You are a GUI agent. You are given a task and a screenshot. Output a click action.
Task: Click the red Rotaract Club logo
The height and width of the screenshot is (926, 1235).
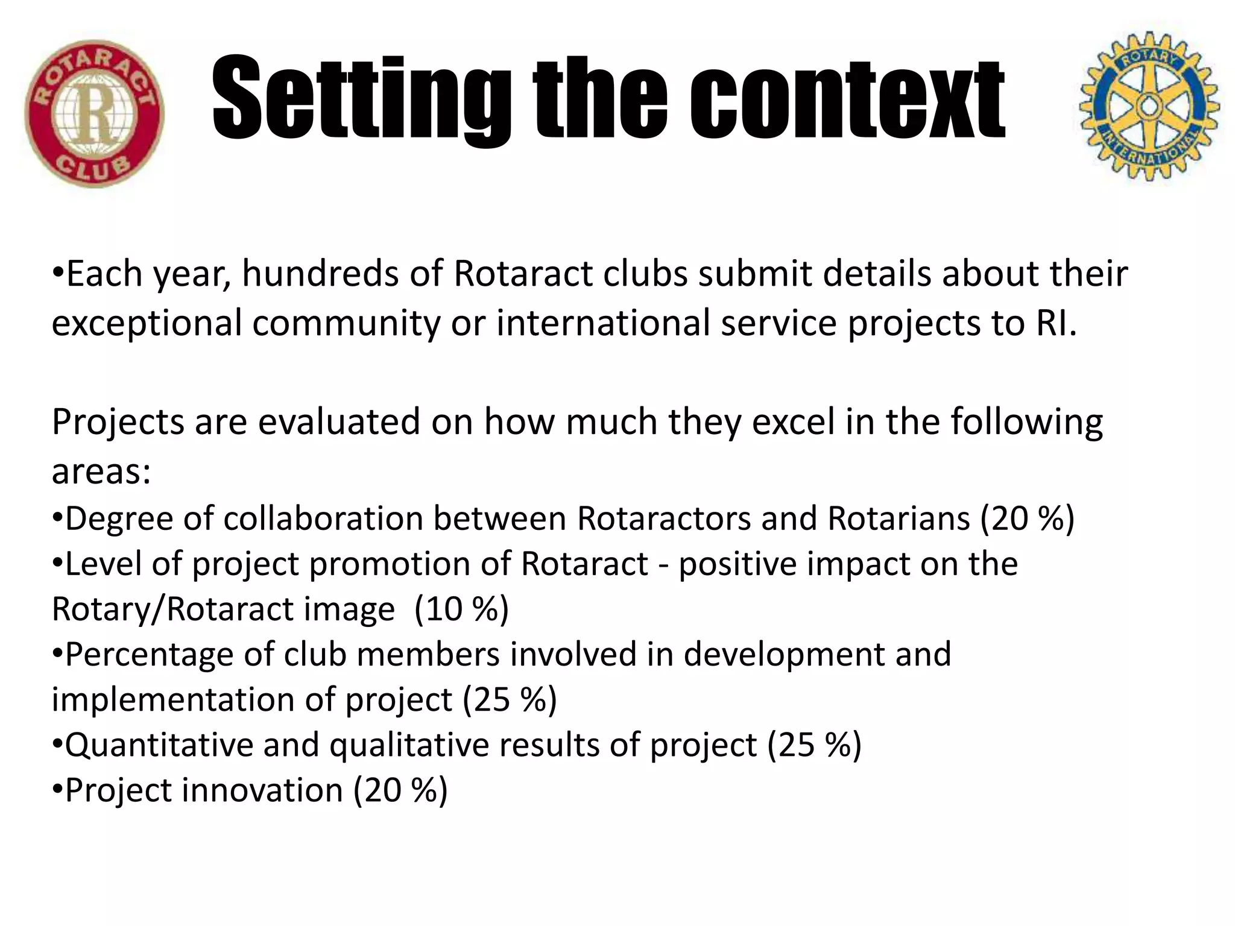(95, 113)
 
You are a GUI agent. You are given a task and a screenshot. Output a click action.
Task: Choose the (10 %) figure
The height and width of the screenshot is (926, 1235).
(461, 609)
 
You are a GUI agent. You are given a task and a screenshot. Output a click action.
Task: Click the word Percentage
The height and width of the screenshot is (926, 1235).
(149, 655)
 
